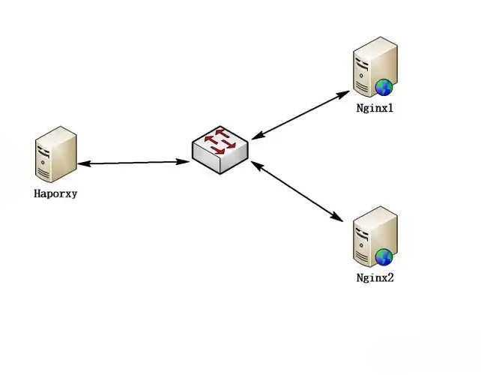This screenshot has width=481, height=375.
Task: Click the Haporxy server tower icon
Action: coord(55,154)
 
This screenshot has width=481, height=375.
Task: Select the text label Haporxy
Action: coord(55,193)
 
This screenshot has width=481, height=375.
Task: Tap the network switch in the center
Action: coord(219,150)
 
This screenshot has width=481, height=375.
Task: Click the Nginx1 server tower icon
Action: coord(374,69)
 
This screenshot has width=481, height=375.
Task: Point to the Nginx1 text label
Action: coord(375,108)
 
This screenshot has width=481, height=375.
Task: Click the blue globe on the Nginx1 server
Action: coord(385,87)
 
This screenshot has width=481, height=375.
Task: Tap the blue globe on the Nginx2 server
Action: coord(385,257)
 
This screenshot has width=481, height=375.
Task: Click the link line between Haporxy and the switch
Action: coord(133,162)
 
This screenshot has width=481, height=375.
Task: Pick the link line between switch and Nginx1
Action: coord(300,115)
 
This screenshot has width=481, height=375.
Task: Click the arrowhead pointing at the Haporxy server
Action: coord(82,163)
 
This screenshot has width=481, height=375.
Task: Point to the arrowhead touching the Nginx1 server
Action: coord(345,94)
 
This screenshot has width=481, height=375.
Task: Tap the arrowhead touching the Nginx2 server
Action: coord(339,218)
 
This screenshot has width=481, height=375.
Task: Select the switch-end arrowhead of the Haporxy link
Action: coord(182,161)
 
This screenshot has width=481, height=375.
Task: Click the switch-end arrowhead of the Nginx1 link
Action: coord(255,136)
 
